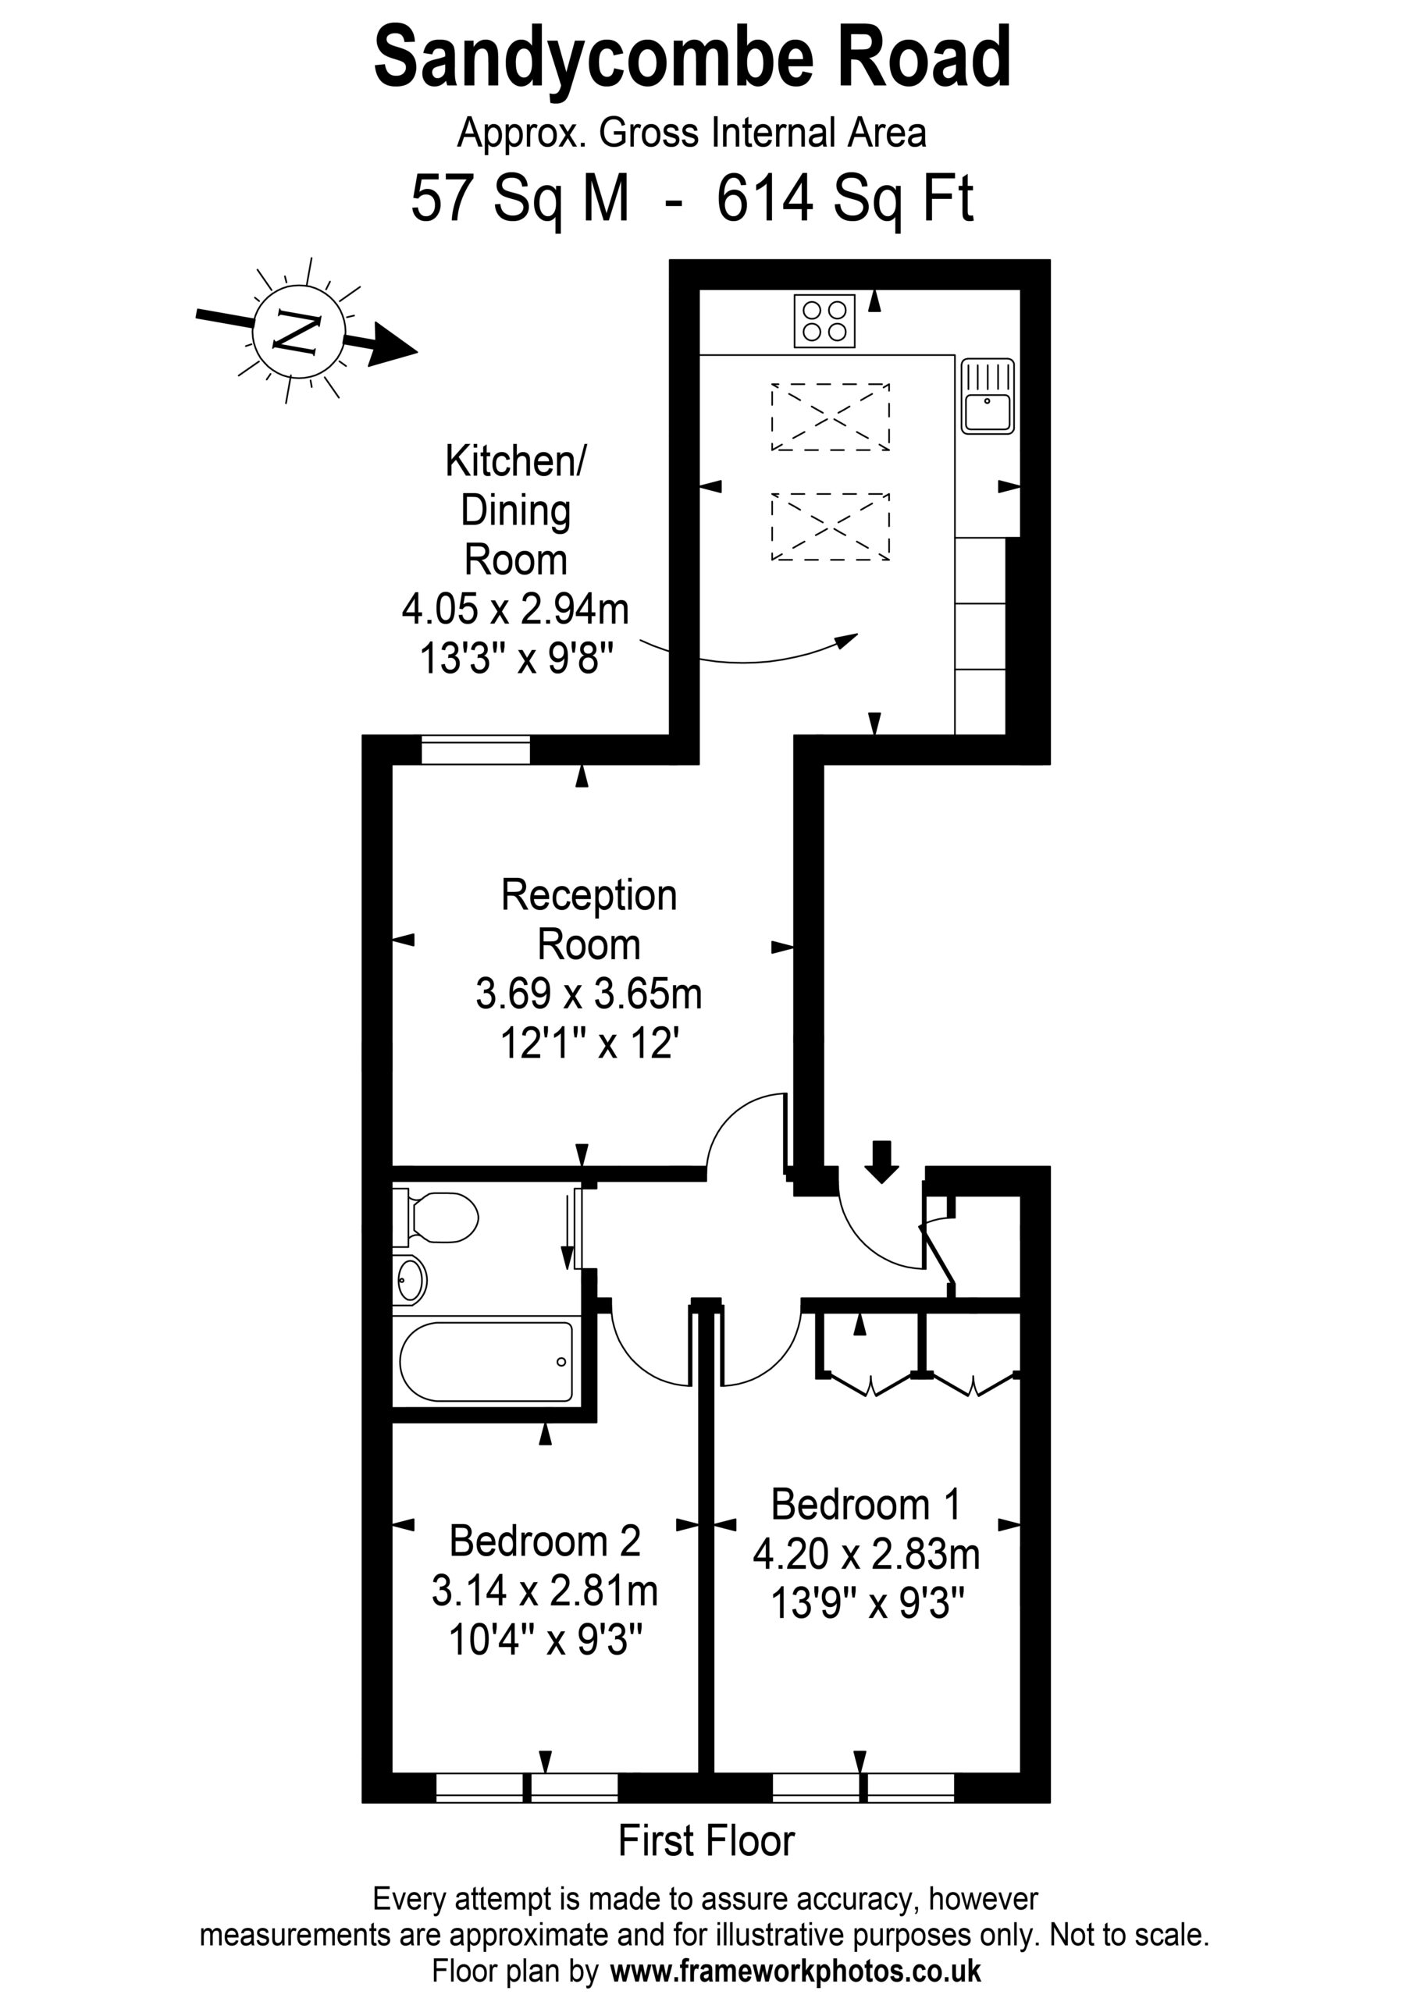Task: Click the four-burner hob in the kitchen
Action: (x=824, y=321)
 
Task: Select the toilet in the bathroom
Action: (x=436, y=1217)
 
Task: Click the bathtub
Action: (x=486, y=1363)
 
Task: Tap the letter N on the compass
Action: (x=297, y=332)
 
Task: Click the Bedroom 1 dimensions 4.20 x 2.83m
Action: (x=867, y=1555)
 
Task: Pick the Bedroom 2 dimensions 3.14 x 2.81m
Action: (x=545, y=1591)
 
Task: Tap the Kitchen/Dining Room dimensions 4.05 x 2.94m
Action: (x=515, y=609)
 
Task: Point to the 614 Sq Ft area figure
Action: (x=845, y=199)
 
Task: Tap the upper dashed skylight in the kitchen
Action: (x=831, y=417)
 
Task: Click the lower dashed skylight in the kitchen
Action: (x=831, y=528)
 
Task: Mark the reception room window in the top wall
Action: (x=475, y=750)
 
